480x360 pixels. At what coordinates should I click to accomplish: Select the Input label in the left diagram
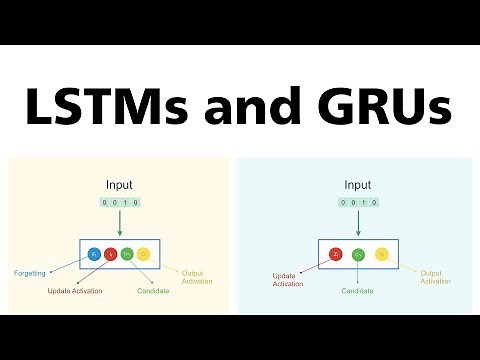point(120,184)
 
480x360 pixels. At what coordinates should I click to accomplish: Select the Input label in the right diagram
point(357,184)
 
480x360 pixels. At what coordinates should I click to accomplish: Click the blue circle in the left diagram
point(94,254)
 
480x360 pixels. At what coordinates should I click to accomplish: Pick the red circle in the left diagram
point(111,254)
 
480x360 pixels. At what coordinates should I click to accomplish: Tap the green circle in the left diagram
point(127,254)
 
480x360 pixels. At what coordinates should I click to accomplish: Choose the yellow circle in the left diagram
point(143,254)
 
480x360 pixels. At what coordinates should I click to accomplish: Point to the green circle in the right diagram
point(357,254)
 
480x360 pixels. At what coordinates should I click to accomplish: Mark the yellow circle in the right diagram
point(381,254)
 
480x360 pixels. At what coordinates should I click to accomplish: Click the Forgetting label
point(32,273)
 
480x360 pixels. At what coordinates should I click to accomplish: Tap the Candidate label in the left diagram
point(154,291)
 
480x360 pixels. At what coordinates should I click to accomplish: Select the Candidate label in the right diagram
point(357,291)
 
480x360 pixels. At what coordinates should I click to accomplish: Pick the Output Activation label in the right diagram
point(434,277)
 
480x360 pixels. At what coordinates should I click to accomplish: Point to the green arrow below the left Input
point(120,222)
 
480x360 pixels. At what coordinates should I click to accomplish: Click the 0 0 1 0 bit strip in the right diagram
point(357,202)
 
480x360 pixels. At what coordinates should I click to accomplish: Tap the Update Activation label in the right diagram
point(288,279)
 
